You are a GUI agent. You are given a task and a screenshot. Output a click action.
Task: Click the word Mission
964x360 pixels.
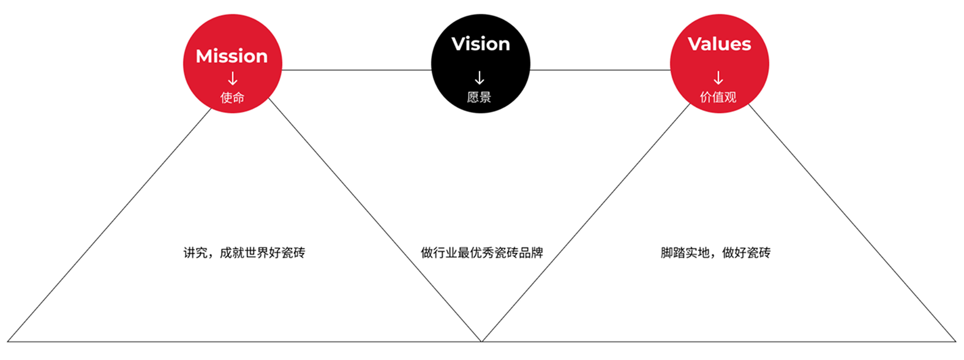(232, 56)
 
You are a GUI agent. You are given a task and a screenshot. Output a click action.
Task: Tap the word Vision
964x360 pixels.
(481, 44)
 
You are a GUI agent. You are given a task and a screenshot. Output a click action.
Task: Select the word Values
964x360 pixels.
(719, 44)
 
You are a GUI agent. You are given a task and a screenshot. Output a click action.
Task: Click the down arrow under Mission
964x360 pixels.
(233, 78)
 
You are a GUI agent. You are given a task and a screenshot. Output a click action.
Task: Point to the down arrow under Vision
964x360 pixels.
(480, 78)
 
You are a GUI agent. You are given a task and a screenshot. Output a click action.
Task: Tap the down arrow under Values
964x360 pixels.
(718, 78)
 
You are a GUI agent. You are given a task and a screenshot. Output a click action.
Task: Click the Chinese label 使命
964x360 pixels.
(232, 97)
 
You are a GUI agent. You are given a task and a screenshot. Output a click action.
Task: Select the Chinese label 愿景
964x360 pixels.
(479, 97)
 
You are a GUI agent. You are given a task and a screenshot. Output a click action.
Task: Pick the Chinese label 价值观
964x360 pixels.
(718, 97)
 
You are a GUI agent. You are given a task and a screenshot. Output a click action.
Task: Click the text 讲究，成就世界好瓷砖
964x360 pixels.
(244, 253)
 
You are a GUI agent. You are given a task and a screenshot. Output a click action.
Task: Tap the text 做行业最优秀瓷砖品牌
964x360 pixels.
(481, 253)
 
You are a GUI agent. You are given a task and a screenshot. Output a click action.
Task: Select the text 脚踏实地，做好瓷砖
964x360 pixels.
(715, 253)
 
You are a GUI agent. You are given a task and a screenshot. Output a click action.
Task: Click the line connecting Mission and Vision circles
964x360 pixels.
(356, 70)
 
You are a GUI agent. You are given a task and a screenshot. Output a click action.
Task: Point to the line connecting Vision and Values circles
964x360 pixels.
(600, 70)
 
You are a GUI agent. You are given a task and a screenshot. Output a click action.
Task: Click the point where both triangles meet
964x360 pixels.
(482, 341)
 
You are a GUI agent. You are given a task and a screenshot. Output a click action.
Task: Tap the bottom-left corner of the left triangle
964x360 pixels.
(8, 341)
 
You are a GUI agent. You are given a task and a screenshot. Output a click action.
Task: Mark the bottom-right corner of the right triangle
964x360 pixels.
(955, 341)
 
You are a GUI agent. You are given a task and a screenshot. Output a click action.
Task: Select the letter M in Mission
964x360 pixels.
(205, 56)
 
